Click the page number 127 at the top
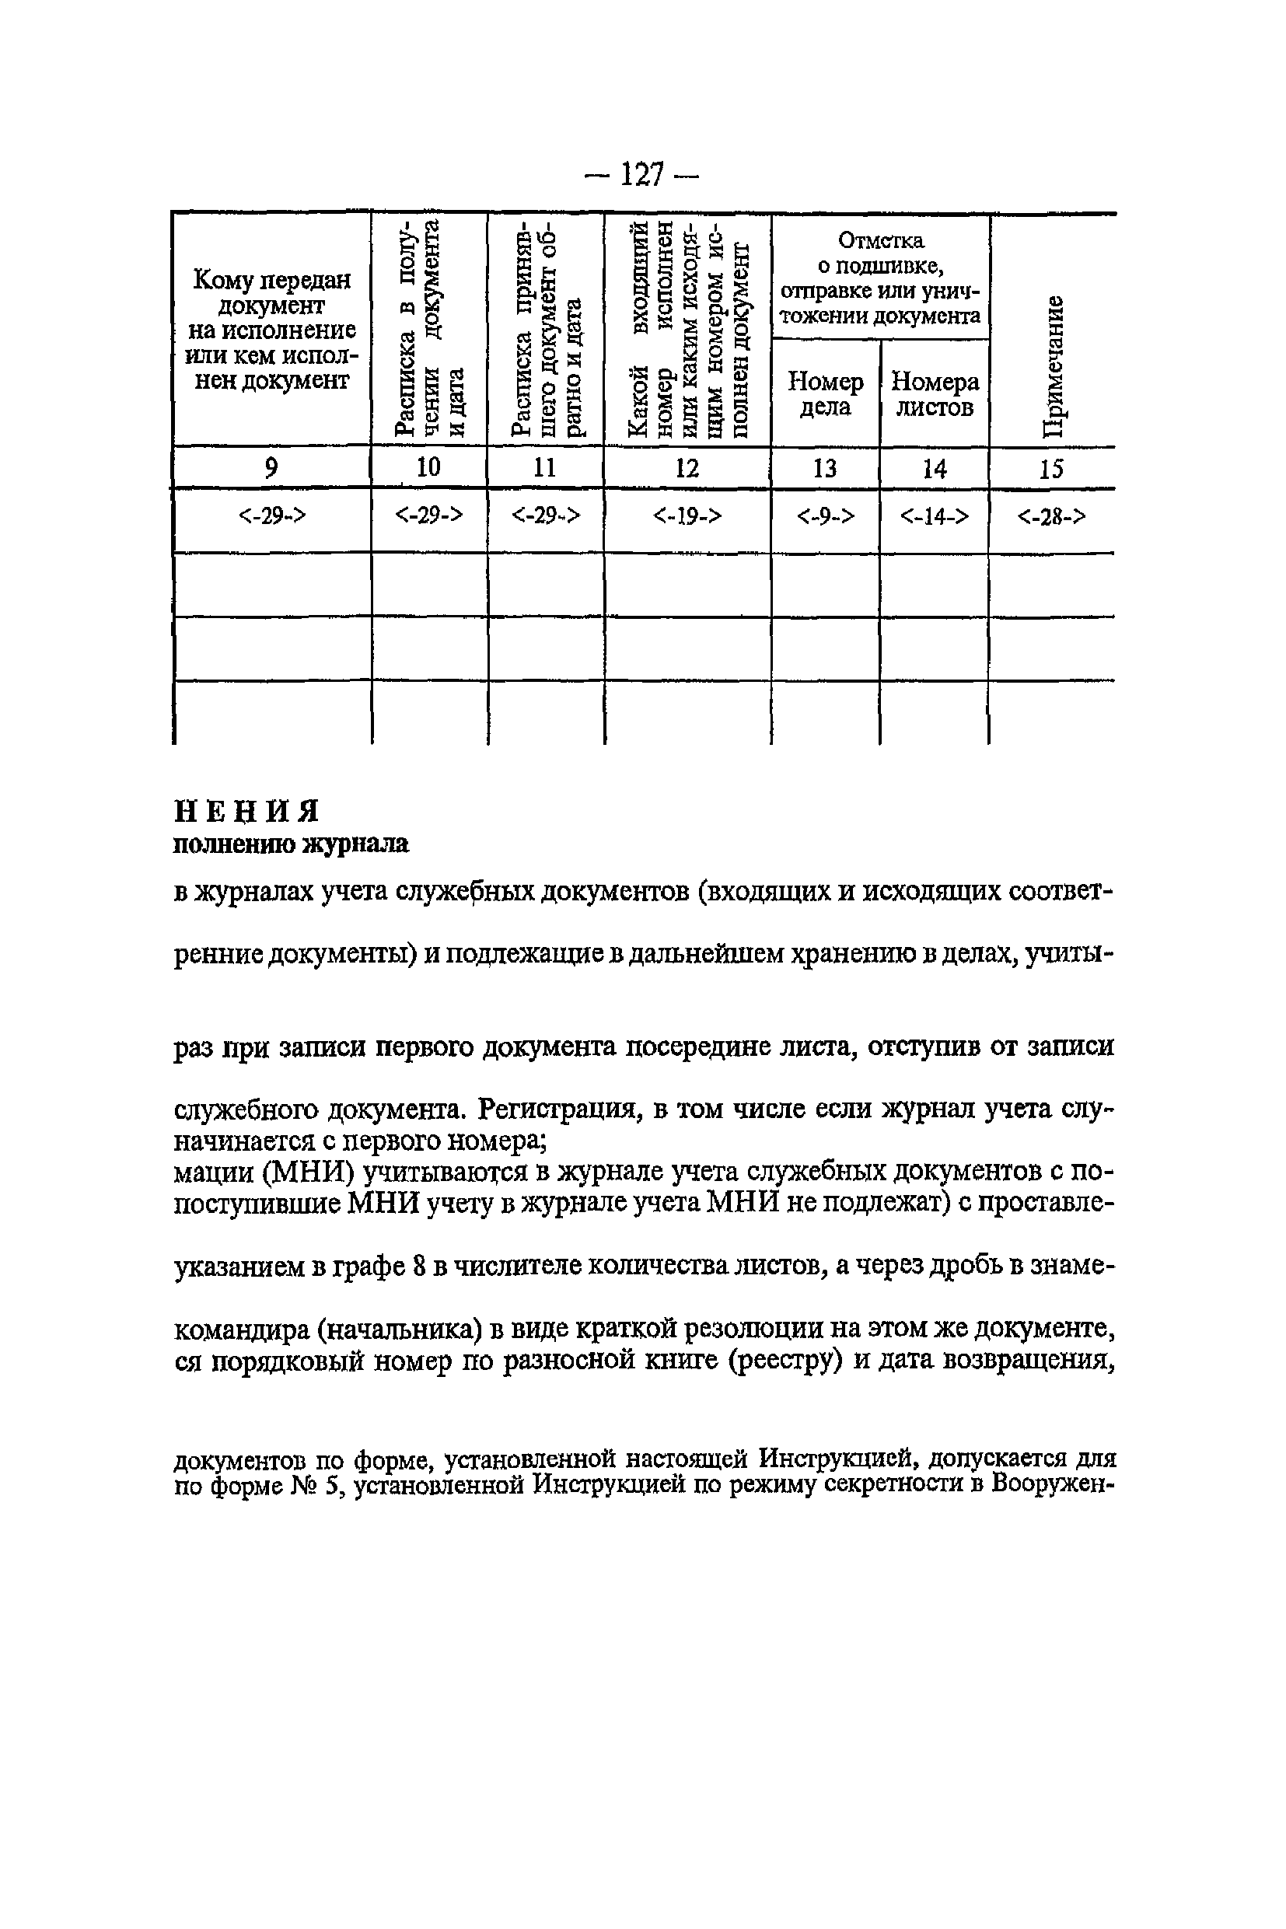[x=642, y=175]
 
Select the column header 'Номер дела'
[x=825, y=394]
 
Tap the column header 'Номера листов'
[x=935, y=394]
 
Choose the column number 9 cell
[x=271, y=468]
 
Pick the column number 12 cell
[x=687, y=468]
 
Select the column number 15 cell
[x=1051, y=469]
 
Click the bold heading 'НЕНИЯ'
[x=247, y=811]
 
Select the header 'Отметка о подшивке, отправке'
[x=881, y=278]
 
